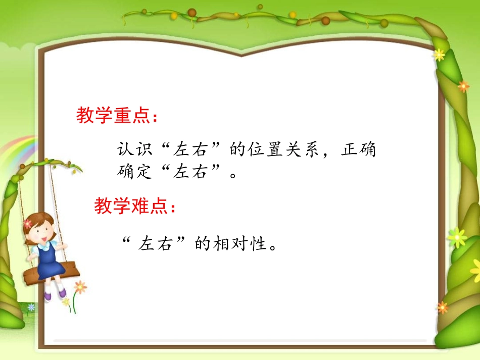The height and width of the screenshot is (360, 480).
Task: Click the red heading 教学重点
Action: click(116, 116)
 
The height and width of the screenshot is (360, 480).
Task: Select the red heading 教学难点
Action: click(134, 205)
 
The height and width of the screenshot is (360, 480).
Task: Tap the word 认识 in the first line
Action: click(132, 150)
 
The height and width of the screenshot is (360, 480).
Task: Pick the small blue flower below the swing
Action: click(31, 307)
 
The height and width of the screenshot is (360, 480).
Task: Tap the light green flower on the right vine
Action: click(457, 236)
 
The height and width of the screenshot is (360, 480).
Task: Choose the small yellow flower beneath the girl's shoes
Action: click(66, 302)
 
